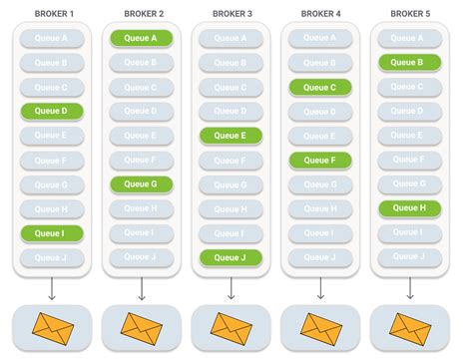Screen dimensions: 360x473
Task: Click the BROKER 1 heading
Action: [52, 13]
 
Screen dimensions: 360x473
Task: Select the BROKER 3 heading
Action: [231, 13]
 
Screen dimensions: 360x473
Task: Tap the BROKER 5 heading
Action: [409, 13]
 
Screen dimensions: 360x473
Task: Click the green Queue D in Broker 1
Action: [52, 111]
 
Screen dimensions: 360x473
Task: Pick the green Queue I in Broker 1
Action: [52, 232]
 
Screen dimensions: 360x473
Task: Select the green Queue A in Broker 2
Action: [141, 38]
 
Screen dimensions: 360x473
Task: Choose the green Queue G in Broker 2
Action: [141, 183]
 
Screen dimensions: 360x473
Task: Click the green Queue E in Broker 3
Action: [231, 136]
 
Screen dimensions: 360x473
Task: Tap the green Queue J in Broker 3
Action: [231, 257]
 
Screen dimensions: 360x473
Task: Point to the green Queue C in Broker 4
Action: [319, 87]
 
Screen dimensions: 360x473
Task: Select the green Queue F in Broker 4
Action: [319, 160]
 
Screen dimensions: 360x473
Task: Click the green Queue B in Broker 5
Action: [409, 62]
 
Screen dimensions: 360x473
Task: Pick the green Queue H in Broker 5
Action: [409, 208]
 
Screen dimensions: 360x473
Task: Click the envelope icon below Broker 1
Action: [52, 326]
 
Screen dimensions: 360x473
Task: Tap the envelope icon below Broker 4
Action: [319, 326]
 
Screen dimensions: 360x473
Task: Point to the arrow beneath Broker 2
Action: [141, 288]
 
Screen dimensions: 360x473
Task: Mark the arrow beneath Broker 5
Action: [409, 288]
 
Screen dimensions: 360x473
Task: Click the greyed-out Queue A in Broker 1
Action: [52, 38]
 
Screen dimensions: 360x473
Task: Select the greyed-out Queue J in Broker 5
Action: [409, 257]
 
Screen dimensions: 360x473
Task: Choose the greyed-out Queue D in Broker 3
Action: [231, 111]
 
